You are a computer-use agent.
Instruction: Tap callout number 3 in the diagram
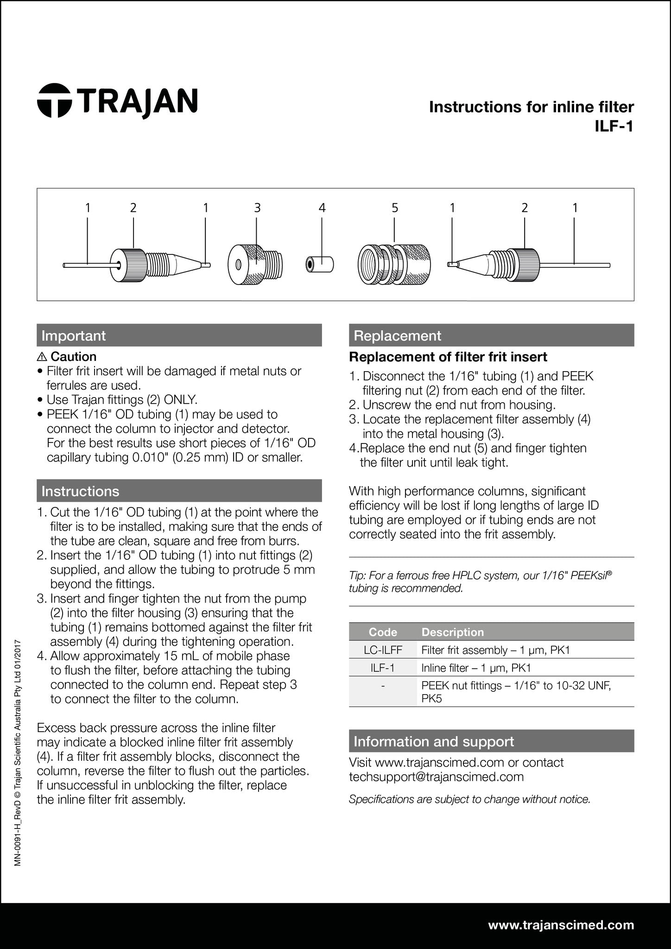[257, 208]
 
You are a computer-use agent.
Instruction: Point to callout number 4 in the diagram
[322, 208]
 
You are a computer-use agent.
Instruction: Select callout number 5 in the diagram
[394, 208]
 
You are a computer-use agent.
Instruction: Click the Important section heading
[74, 335]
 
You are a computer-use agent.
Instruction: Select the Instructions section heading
[80, 491]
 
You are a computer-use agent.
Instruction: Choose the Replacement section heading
[397, 335]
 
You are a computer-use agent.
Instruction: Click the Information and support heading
[433, 741]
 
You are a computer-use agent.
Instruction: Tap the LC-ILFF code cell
[383, 650]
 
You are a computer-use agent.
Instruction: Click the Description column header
[452, 632]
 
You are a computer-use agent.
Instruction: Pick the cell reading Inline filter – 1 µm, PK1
[476, 668]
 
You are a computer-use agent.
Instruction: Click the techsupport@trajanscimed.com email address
[436, 777]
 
